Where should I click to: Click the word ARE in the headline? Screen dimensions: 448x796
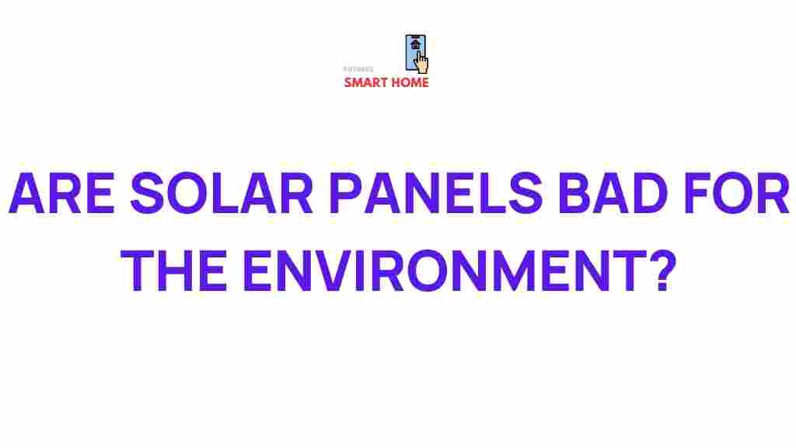(x=61, y=196)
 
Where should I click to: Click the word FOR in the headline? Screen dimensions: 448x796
(x=742, y=196)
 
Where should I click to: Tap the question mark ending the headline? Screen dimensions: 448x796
(x=656, y=272)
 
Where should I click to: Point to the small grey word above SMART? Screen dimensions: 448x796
(x=358, y=69)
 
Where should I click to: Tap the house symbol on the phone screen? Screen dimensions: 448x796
(x=415, y=45)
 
